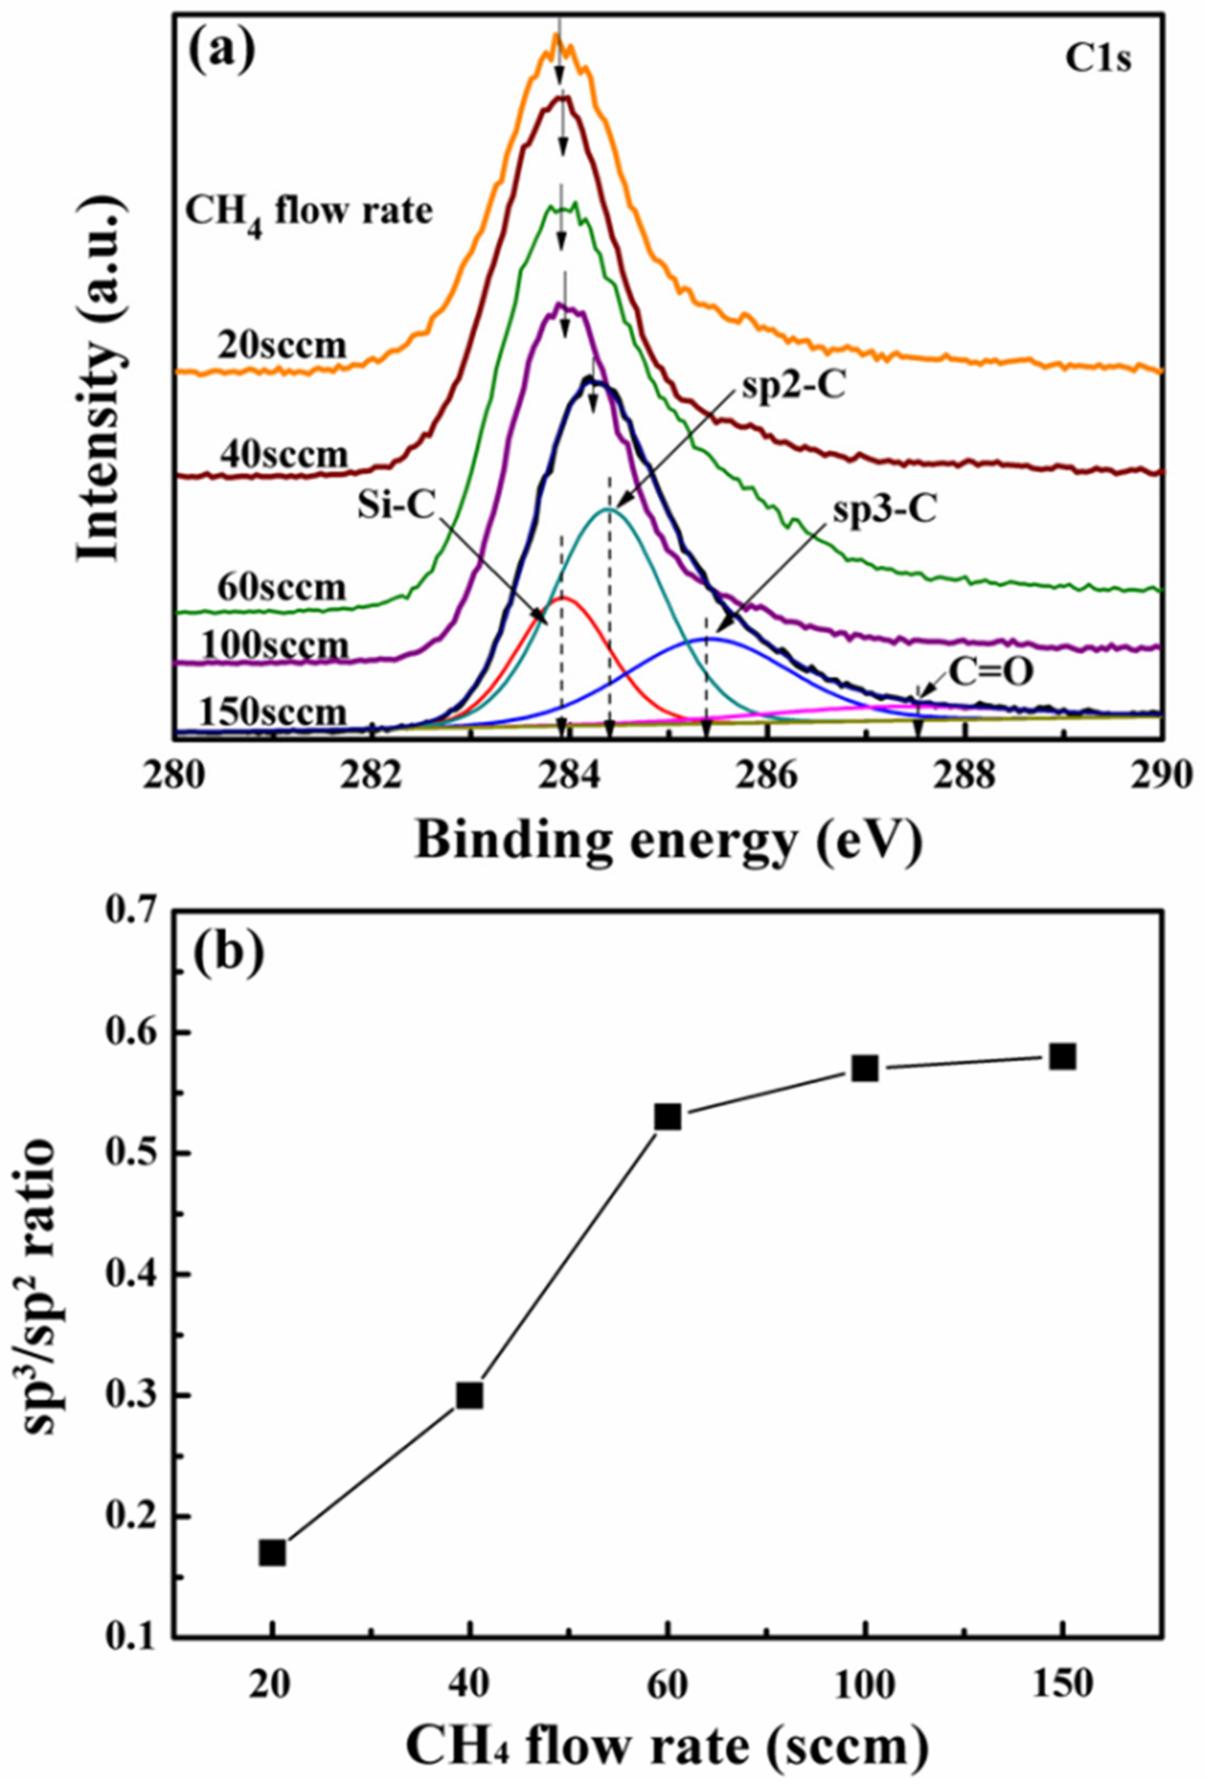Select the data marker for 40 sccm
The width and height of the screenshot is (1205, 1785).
click(470, 1373)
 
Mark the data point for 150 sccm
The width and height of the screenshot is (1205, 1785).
click(1063, 1057)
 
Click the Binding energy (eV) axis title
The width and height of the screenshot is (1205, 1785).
click(668, 843)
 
